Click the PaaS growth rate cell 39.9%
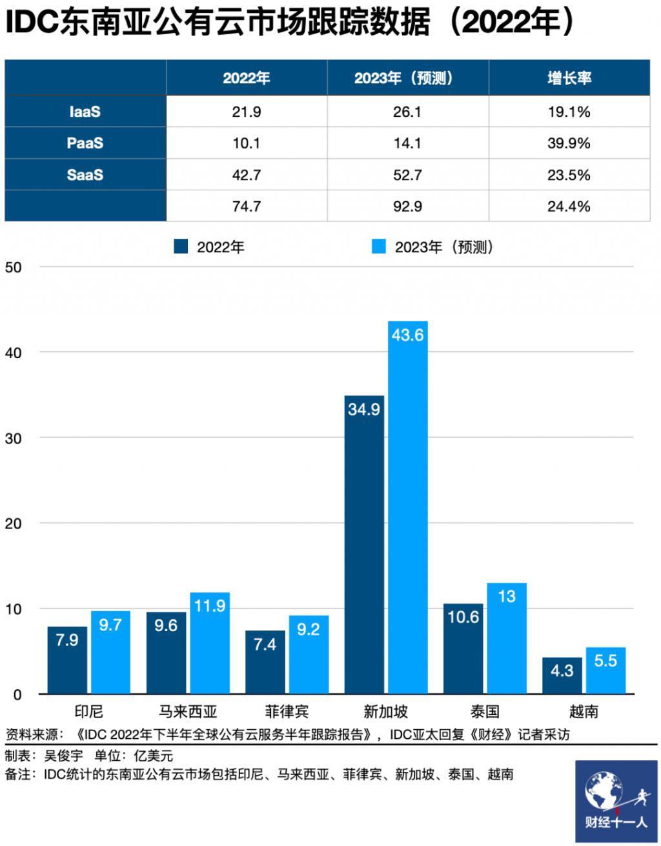tap(569, 143)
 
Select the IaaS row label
tap(85, 112)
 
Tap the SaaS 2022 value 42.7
tap(247, 175)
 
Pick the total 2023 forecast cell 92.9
tap(407, 206)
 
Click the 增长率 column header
tap(569, 78)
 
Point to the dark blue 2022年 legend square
tap(181, 246)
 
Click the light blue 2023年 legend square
tap(378, 246)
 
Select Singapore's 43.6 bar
tap(407, 507)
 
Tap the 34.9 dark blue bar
tap(364, 545)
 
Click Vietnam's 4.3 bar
tap(562, 675)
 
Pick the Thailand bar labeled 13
tap(507, 638)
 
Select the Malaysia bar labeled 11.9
tap(210, 643)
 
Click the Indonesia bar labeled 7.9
tap(67, 660)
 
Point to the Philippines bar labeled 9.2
tap(309, 654)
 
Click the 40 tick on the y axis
tap(13, 353)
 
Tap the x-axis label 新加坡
tap(386, 712)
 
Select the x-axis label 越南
tap(584, 712)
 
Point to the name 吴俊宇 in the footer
tap(63, 756)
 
